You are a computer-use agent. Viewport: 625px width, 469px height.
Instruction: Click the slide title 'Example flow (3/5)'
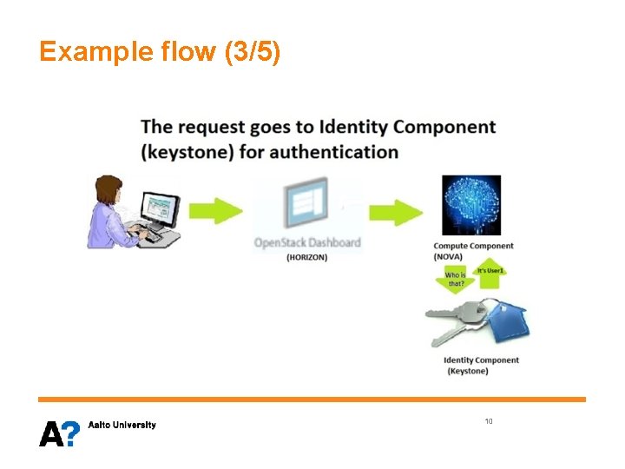[160, 52]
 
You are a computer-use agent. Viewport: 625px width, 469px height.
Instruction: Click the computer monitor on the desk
[158, 208]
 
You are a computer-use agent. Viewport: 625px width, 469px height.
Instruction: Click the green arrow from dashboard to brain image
[396, 211]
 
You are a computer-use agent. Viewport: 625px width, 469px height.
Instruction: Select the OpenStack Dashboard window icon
[306, 203]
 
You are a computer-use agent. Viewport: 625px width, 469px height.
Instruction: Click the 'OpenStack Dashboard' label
[306, 242]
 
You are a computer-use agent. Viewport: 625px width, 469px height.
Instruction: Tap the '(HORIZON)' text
[306, 257]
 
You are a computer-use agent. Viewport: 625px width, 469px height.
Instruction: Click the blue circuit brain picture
[470, 205]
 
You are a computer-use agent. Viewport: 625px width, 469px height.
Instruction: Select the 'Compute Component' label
[473, 246]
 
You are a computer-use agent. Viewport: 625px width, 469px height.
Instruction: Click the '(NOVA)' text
[449, 257]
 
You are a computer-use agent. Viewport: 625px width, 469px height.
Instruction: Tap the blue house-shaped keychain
[508, 324]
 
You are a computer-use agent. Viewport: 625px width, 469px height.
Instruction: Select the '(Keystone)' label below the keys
[468, 372]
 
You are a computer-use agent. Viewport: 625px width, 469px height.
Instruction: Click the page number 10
[489, 421]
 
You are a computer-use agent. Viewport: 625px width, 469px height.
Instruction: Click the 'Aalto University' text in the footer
[122, 425]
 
